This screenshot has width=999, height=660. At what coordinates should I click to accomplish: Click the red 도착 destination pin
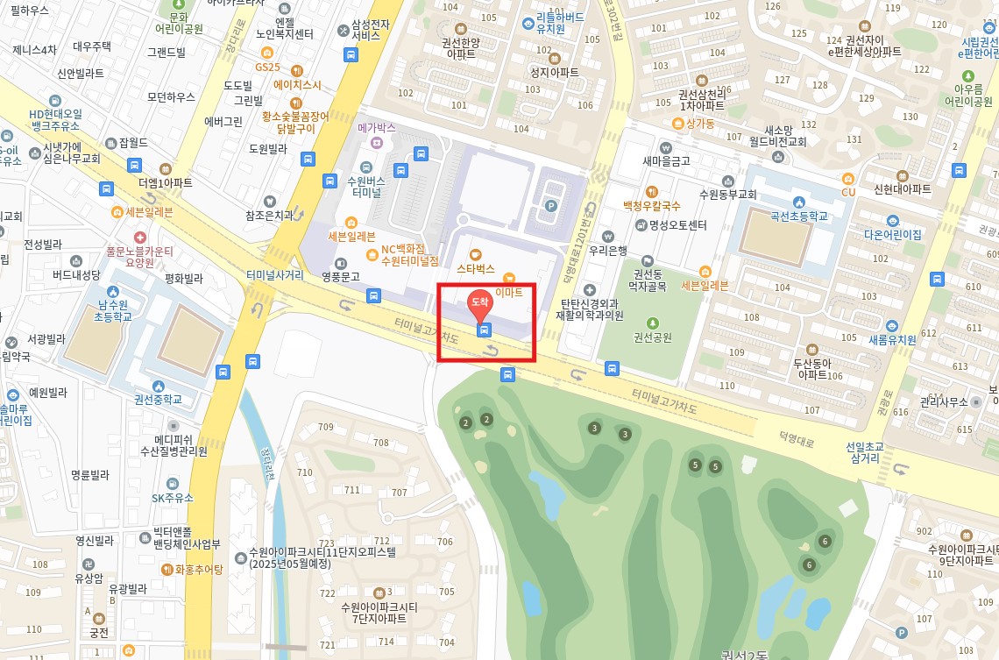[481, 303]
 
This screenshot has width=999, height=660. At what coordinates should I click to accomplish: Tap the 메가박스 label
[377, 128]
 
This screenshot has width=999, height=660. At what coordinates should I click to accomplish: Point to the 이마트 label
[509, 293]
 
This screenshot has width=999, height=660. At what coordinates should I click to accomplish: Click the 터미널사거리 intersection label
[275, 273]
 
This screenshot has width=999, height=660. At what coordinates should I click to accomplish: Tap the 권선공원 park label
[652, 337]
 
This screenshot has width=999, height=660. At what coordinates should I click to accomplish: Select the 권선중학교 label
[158, 399]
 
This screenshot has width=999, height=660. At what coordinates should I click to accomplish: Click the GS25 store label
[266, 67]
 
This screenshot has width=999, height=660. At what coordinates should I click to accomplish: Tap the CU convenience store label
[848, 192]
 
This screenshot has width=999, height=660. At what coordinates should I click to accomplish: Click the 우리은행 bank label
[608, 249]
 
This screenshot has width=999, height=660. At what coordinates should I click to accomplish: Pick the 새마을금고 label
[666, 160]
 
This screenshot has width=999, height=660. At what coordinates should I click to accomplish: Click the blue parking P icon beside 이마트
[551, 206]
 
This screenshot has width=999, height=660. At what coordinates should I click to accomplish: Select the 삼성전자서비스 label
[365, 30]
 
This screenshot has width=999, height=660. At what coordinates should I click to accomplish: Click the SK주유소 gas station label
[172, 498]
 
